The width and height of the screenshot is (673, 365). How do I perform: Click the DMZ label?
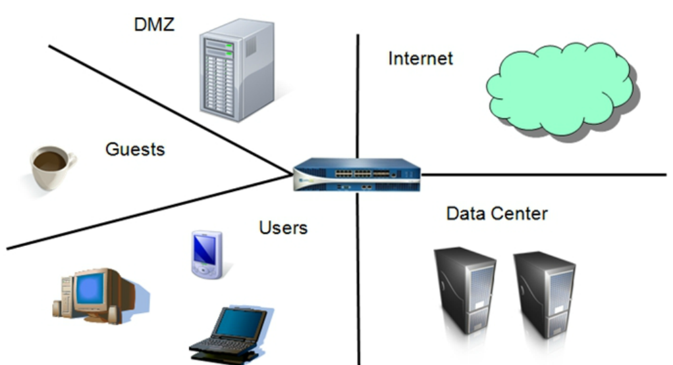point(154,26)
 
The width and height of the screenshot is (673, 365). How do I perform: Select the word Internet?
point(420,59)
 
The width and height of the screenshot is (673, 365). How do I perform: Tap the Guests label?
point(135,149)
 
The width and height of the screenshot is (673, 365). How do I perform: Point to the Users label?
point(283,228)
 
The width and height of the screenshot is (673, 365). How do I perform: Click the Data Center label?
point(497,214)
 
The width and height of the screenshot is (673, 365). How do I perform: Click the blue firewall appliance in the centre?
point(356,174)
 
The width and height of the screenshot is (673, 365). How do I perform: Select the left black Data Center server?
point(464,293)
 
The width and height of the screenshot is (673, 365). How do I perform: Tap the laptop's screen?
point(242,324)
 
